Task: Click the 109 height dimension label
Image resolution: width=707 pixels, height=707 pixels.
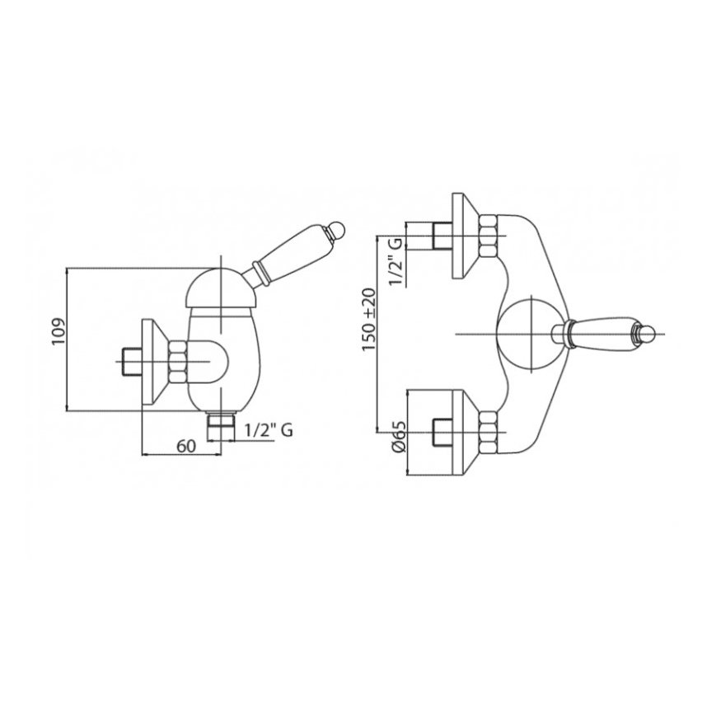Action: (x=59, y=331)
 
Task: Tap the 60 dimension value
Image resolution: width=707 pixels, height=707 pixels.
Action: (x=185, y=446)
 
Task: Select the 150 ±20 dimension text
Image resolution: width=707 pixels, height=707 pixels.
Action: (x=368, y=320)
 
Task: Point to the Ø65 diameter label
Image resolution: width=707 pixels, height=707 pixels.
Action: (x=400, y=436)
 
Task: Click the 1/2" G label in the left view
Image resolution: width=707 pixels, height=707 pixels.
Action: (x=269, y=430)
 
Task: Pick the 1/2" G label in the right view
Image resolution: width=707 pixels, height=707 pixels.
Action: (x=395, y=261)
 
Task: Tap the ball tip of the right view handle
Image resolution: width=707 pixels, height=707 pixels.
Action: (x=647, y=334)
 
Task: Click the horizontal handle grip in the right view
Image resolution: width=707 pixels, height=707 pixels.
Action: (x=602, y=334)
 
